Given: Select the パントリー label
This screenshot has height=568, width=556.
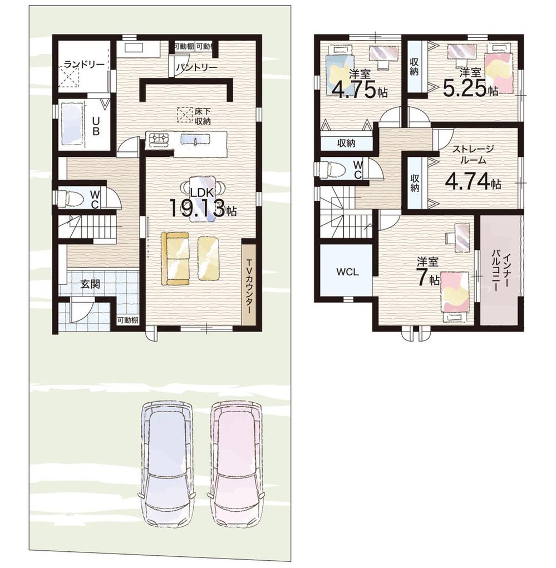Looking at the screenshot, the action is tap(197, 67).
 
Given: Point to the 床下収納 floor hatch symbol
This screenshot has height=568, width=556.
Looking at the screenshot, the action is tap(184, 114).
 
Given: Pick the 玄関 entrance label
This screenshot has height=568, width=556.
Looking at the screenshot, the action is tap(90, 284).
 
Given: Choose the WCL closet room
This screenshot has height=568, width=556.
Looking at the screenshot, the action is tap(347, 271).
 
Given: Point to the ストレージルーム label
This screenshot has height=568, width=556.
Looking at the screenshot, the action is tap(473, 154).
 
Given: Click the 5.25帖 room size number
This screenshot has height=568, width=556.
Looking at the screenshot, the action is tap(470, 88).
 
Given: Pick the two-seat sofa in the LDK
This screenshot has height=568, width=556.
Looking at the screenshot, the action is tap(175, 258).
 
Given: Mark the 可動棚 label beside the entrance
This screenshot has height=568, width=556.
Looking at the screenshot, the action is tap(127, 320).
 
